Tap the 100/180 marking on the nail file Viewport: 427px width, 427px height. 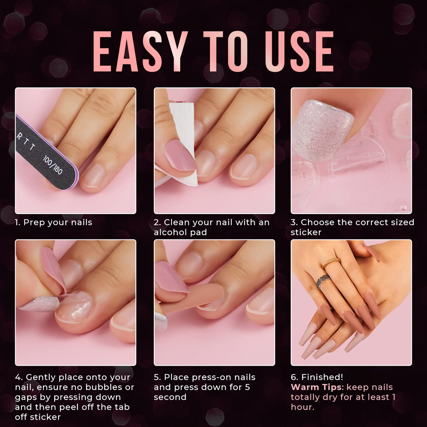(x=53, y=165)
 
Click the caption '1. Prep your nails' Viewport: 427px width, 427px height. (x=53, y=222)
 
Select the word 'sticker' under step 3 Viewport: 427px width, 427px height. (x=306, y=232)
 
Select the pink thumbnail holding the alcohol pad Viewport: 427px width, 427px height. (x=180, y=155)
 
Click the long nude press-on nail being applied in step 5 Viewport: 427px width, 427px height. (x=197, y=296)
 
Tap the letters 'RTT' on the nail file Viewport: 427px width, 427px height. (x=25, y=141)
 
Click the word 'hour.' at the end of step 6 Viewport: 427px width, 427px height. (x=302, y=407)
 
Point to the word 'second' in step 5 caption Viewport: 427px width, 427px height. (x=170, y=397)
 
